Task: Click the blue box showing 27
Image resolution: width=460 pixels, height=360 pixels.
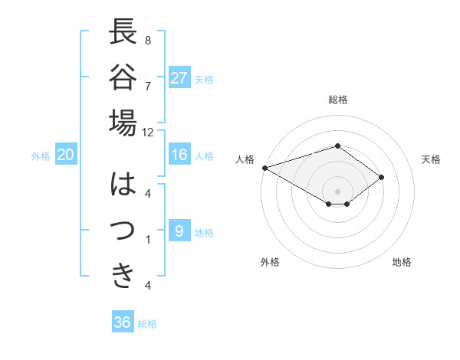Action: point(179,78)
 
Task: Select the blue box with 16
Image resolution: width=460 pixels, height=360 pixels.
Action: point(179,155)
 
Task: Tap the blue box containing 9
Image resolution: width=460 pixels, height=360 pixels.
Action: point(179,231)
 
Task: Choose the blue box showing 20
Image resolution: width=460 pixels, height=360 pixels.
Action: point(66,155)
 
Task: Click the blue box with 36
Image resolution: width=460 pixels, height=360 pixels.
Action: point(123,322)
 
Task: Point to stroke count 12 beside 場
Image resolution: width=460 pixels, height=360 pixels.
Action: point(148,133)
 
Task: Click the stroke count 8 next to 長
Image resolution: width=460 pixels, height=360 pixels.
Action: point(148,40)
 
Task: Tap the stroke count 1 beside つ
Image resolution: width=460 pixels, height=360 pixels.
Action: point(148,240)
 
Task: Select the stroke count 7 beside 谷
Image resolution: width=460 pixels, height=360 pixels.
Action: point(148,85)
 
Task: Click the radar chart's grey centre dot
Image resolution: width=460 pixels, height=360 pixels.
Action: point(337,190)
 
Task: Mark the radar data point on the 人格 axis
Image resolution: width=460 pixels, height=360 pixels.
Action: point(264,168)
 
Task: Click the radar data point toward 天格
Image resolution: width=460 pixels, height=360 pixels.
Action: point(381,178)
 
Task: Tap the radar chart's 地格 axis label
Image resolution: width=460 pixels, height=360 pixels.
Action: point(402,263)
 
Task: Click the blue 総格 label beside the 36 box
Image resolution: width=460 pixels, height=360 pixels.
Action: point(147,324)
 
